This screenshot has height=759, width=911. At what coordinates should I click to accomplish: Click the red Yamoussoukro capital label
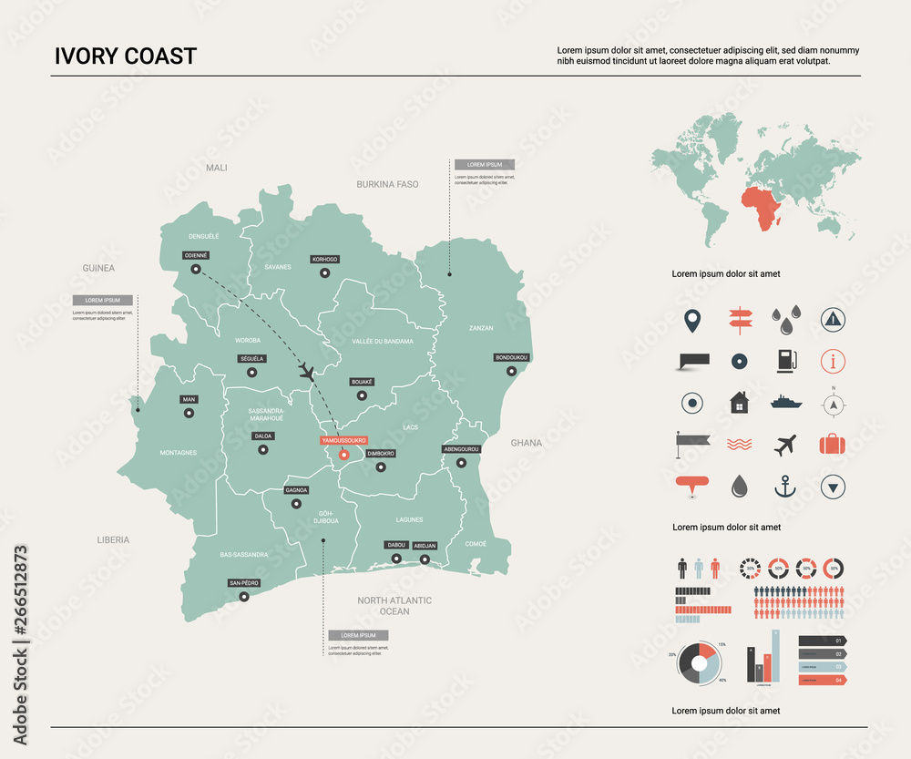coord(343,440)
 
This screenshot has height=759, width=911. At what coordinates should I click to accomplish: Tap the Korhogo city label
coord(324,259)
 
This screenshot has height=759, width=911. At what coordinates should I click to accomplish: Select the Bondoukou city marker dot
coord(512,371)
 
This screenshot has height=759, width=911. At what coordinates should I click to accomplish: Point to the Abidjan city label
coord(425,546)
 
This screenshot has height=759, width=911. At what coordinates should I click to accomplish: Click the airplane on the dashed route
coord(307,372)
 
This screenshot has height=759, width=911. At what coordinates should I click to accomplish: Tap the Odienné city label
coord(196,255)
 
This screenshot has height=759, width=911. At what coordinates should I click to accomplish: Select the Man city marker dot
coord(189,413)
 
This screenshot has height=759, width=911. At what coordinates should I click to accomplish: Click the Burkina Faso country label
coord(387,184)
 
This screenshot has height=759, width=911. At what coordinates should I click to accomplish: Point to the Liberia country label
coord(113,540)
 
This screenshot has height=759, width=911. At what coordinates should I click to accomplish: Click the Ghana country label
coord(526,443)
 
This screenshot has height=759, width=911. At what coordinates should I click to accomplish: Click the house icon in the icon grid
coord(739,402)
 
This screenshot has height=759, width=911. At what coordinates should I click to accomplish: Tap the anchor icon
coord(784,487)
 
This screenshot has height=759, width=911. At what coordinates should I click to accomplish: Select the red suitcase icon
coord(833,445)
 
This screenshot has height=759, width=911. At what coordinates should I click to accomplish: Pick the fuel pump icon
coord(785,361)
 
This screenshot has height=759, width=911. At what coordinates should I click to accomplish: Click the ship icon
coord(784,402)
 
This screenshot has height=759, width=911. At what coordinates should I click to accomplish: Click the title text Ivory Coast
coord(125,56)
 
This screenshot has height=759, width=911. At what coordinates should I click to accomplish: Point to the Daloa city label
coord(262,436)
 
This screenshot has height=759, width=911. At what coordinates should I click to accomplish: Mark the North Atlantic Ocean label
coord(394,606)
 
